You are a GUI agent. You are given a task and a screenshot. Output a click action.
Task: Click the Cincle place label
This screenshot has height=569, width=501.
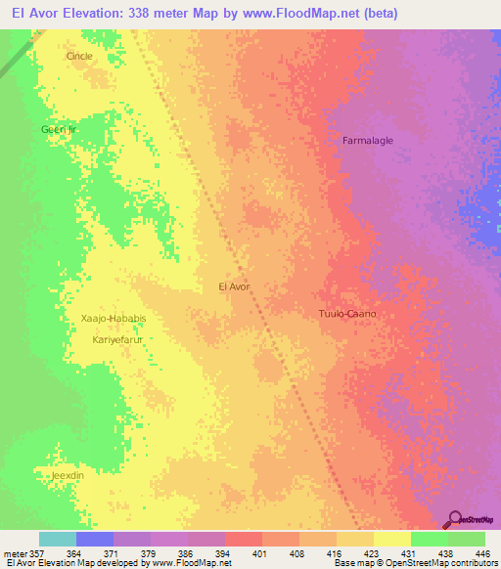click(79, 56)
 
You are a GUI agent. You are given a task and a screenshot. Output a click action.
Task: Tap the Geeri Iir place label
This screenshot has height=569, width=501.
click(58, 129)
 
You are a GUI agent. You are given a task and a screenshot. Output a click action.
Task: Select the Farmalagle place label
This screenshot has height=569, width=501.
click(368, 141)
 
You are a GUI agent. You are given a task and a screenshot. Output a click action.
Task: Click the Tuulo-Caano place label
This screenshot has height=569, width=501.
click(347, 315)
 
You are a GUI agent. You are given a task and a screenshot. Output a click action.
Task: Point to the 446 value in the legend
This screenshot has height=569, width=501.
click(482, 552)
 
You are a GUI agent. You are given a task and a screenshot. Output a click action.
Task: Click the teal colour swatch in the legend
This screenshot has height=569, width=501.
click(58, 539)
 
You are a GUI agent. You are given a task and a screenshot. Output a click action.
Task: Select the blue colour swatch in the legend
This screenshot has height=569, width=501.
click(95, 539)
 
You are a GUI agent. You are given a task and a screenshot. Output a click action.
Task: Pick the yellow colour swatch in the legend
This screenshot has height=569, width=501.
click(392, 539)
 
